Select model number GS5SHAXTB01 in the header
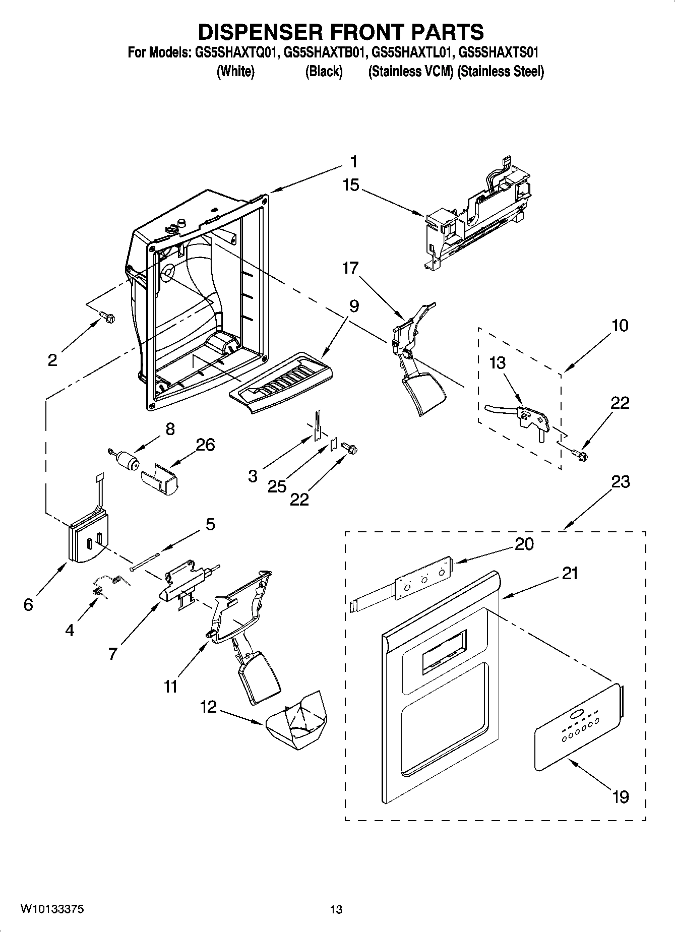click(x=324, y=53)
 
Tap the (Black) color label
click(x=324, y=72)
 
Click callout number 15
click(x=351, y=185)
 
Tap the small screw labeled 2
click(x=107, y=317)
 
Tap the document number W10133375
click(x=52, y=909)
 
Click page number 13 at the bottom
click(x=336, y=910)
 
